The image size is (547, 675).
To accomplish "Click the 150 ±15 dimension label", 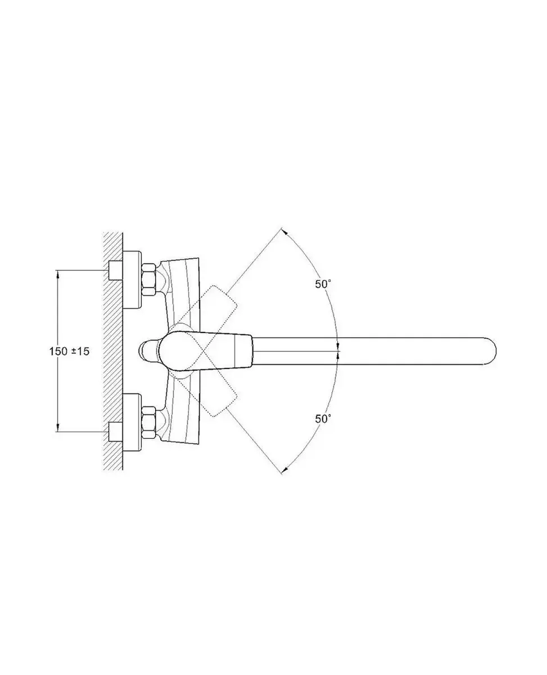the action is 69,352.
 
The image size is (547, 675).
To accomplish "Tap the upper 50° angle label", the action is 323,284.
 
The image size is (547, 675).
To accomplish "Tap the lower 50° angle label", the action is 323,419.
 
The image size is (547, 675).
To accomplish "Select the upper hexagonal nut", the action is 149,279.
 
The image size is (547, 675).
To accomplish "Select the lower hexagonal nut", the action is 149,423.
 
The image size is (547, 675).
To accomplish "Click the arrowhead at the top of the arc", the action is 284,232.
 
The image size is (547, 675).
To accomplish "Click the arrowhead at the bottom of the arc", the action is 284,470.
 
